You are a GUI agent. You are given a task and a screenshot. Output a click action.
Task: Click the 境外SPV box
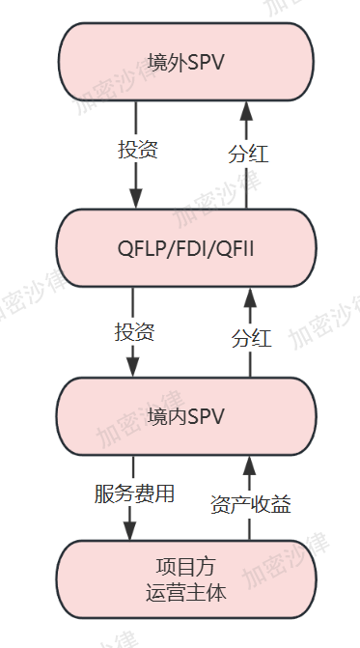pos(186,63)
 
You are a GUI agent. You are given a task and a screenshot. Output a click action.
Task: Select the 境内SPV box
pos(186,416)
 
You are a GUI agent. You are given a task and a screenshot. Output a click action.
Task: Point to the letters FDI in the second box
pos(192,250)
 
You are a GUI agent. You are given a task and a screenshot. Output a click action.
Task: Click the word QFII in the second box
pos(236,250)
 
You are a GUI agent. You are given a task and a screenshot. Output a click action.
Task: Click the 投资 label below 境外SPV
pos(137,150)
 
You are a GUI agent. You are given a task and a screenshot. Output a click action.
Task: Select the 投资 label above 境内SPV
pos(135,332)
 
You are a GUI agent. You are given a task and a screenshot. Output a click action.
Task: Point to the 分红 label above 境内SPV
pos(251,338)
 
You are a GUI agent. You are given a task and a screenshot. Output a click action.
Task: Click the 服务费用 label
pos(134,494)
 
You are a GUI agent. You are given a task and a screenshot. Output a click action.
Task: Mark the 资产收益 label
pos(250,503)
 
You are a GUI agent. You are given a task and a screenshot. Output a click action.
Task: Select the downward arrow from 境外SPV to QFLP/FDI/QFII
pos(135,183)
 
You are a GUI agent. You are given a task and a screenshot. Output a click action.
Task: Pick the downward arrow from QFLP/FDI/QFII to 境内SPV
pos(132,362)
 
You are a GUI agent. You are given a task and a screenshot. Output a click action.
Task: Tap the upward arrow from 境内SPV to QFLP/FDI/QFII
pos(250,304)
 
